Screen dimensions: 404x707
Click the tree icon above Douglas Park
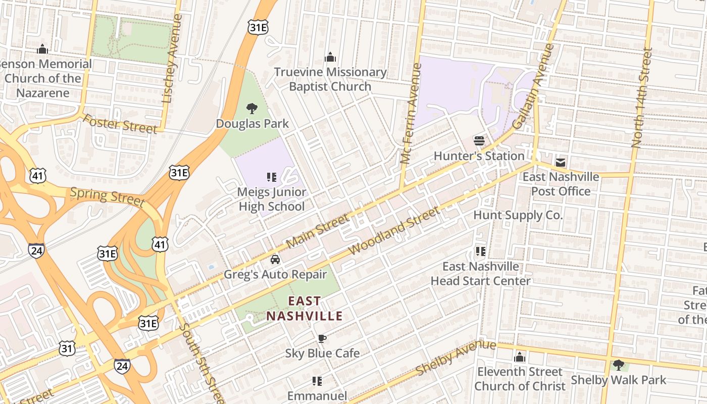251,109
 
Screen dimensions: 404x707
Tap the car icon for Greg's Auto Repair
275,260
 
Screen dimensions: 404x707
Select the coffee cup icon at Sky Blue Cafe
322,338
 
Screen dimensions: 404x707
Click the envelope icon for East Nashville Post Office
561,163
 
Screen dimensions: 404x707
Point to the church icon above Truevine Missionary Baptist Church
330,57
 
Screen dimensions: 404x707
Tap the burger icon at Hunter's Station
479,141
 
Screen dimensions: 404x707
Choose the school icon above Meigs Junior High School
272,177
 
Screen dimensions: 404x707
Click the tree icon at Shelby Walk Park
618,365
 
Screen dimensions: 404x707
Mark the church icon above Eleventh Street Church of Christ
520,358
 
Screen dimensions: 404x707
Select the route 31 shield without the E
67,348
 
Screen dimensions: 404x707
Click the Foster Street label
120,124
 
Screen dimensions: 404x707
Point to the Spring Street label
107,196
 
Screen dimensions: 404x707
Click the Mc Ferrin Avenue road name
410,114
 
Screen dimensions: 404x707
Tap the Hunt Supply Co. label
518,215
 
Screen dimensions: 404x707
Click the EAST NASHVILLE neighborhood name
305,309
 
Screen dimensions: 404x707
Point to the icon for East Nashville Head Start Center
480,251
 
